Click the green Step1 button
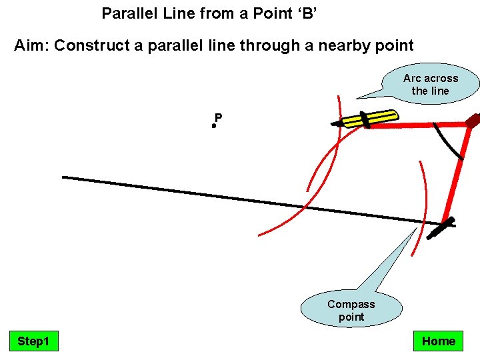click(x=33, y=341)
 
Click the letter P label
click(x=219, y=118)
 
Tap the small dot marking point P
click(x=214, y=125)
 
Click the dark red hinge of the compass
click(x=473, y=121)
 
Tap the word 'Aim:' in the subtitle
click(x=32, y=45)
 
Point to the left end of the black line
click(x=64, y=177)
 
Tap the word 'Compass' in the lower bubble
click(x=351, y=304)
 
